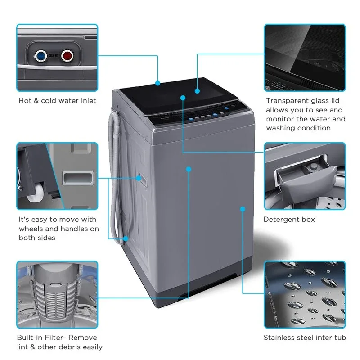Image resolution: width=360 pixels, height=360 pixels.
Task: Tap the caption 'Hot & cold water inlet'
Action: (57, 101)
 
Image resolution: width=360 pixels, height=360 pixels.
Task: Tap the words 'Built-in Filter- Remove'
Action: (57, 337)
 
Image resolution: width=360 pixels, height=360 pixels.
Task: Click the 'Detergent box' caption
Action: (289, 220)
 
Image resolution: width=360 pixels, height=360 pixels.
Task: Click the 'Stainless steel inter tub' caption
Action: (305, 337)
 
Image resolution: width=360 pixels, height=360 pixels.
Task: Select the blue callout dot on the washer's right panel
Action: (243, 209)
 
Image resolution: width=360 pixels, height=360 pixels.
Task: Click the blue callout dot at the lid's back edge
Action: (158, 83)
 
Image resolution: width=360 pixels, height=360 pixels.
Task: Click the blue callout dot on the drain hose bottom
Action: (126, 238)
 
